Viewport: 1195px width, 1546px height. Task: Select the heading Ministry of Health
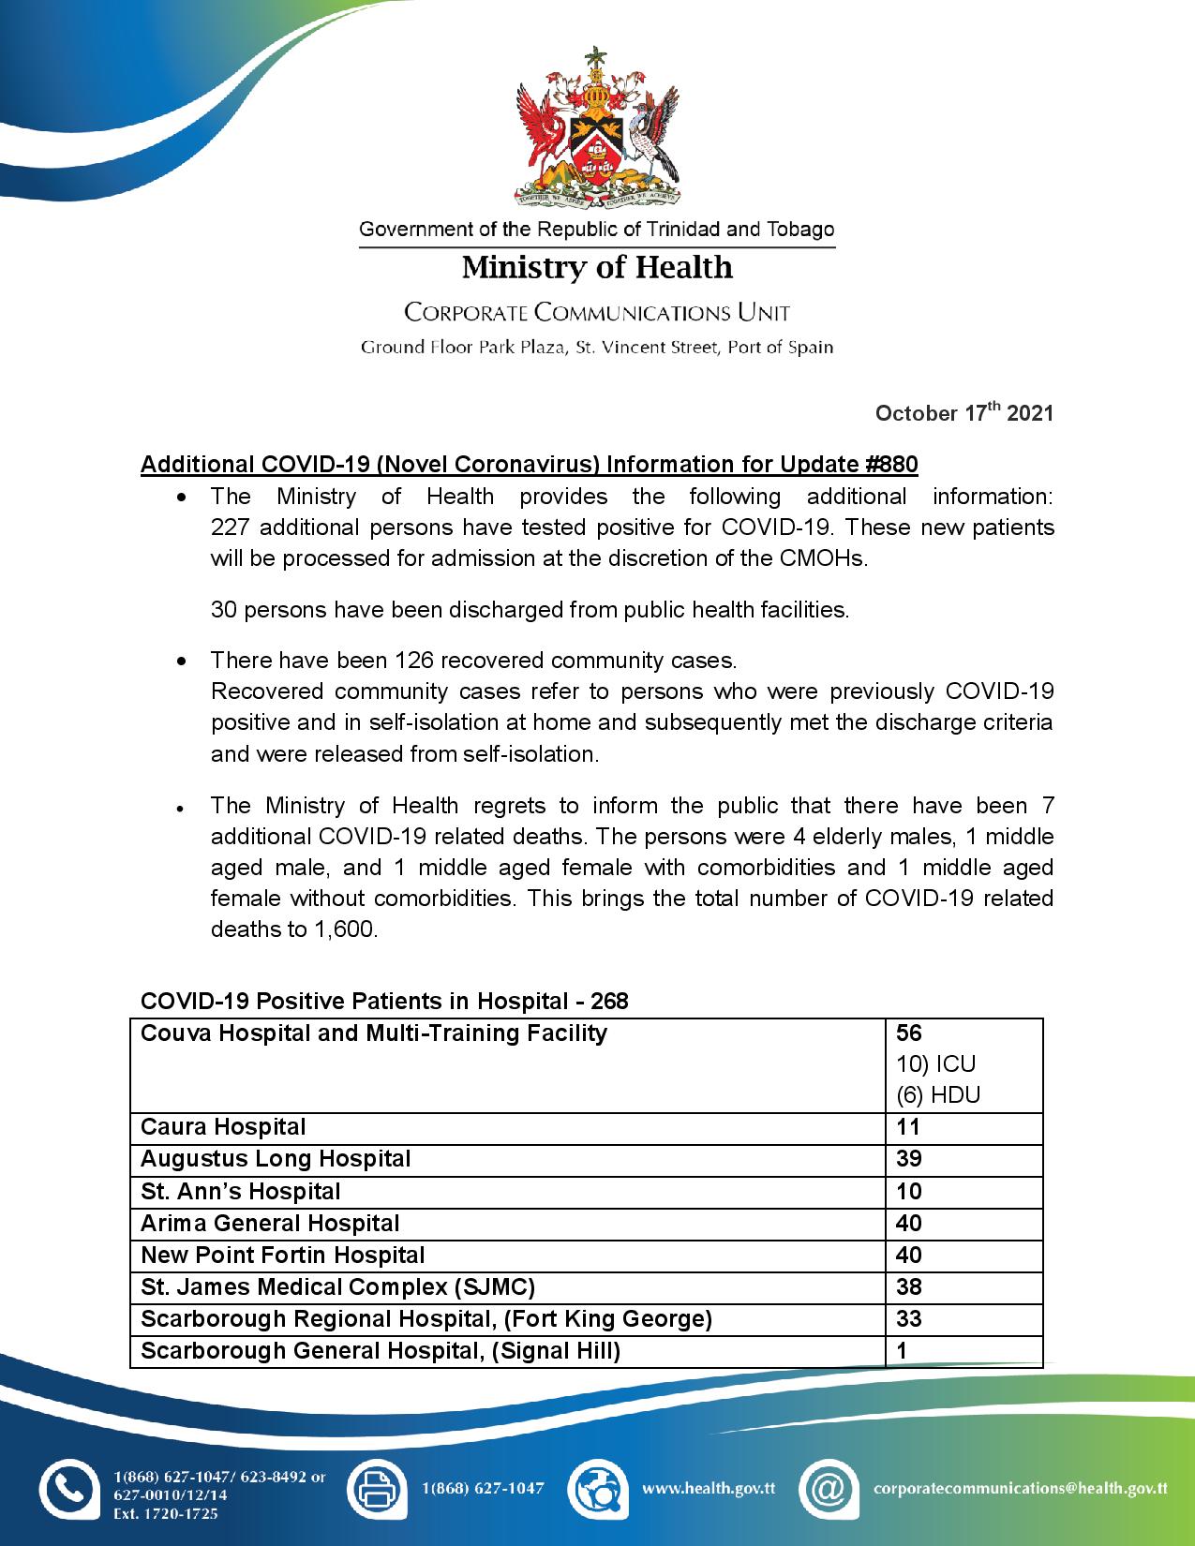point(597,268)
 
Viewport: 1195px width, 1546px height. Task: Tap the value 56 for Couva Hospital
point(909,1033)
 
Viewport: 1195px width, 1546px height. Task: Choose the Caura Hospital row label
point(223,1127)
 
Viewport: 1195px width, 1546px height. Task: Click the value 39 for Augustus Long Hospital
point(909,1159)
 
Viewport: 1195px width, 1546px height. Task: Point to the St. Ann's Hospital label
point(240,1192)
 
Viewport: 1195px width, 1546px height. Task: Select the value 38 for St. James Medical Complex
point(909,1287)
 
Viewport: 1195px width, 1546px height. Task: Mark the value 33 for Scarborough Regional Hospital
point(909,1319)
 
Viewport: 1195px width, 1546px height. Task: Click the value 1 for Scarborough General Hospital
point(903,1351)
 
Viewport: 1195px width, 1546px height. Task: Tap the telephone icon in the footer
point(68,1489)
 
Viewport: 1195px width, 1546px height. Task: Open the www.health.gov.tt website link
point(709,1488)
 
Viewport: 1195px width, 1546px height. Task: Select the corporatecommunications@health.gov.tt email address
point(1020,1488)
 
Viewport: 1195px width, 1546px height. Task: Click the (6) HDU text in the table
point(938,1095)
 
